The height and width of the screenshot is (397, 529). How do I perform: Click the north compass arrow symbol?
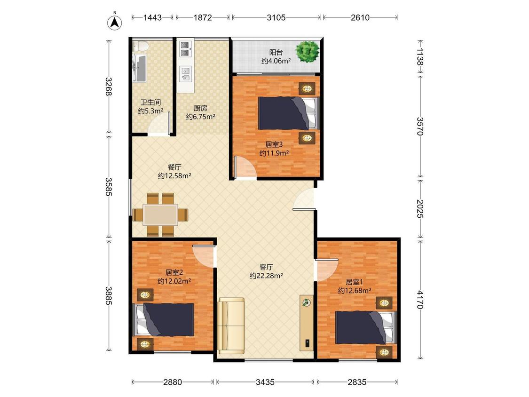pyautogui.click(x=115, y=22)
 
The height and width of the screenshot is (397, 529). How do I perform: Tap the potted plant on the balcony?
pyautogui.click(x=307, y=51)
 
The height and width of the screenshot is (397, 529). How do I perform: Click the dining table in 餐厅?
pyautogui.click(x=161, y=214)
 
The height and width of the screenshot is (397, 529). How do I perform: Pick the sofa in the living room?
pyautogui.click(x=231, y=326)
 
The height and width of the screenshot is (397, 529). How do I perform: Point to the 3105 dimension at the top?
pyautogui.click(x=276, y=17)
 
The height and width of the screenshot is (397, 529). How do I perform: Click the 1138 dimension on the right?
pyautogui.click(x=419, y=56)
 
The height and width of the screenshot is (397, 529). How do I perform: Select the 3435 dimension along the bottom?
pyautogui.click(x=265, y=382)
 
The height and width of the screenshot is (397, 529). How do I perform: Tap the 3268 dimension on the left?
pyautogui.click(x=108, y=87)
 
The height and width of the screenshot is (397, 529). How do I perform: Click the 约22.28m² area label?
pyautogui.click(x=266, y=276)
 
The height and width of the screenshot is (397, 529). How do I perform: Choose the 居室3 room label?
pyautogui.click(x=274, y=144)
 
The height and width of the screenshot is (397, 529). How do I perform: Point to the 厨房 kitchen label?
pyautogui.click(x=200, y=108)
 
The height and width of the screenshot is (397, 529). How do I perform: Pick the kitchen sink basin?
pyautogui.click(x=186, y=74)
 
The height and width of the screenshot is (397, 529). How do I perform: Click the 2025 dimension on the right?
pyautogui.click(x=419, y=209)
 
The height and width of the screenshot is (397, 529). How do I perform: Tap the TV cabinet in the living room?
pyautogui.click(x=307, y=323)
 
